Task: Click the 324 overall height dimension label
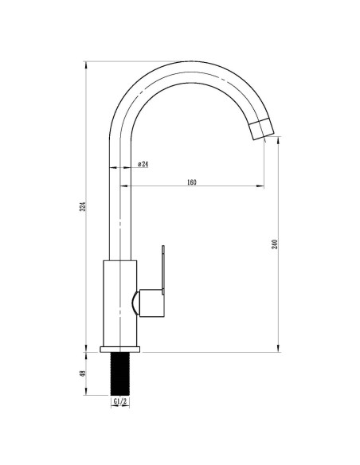[x=84, y=206]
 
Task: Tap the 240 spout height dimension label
[x=275, y=244]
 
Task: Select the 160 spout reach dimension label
[x=192, y=182]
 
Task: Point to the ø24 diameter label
[x=143, y=164]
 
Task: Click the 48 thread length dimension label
[x=83, y=373]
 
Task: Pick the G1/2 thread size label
[x=120, y=401]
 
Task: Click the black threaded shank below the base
[x=120, y=374]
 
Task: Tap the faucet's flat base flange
[x=120, y=350]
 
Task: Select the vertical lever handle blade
[x=163, y=270]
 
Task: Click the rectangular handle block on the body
[x=152, y=303]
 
